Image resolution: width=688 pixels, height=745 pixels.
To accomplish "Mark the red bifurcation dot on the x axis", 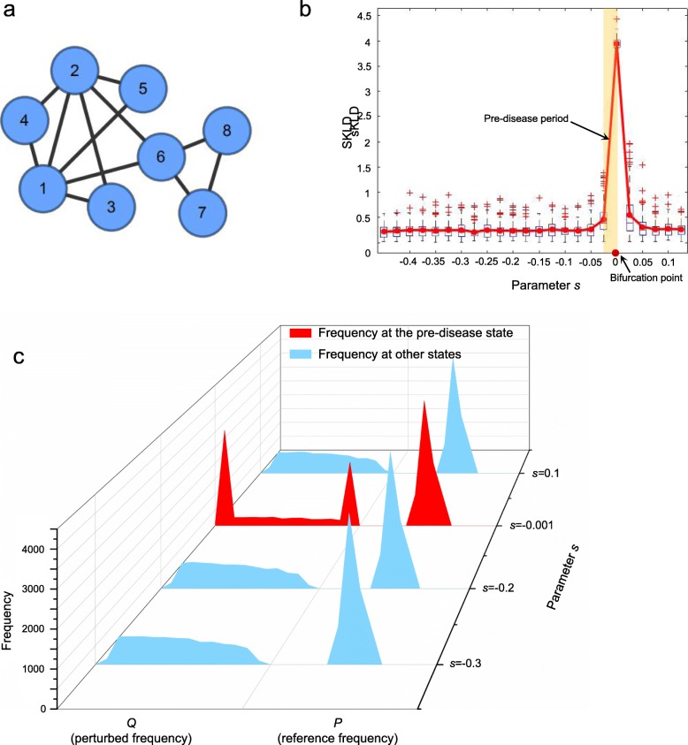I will click(x=615, y=254).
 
